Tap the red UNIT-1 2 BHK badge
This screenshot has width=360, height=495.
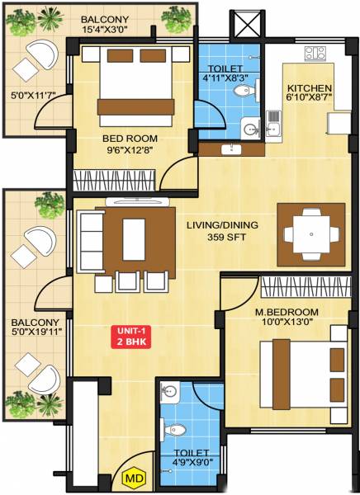[x=130, y=337]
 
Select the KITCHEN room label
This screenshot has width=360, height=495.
[x=309, y=88]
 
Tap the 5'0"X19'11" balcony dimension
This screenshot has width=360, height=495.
[x=35, y=334]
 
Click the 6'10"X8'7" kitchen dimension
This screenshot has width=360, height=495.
[x=309, y=101]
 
